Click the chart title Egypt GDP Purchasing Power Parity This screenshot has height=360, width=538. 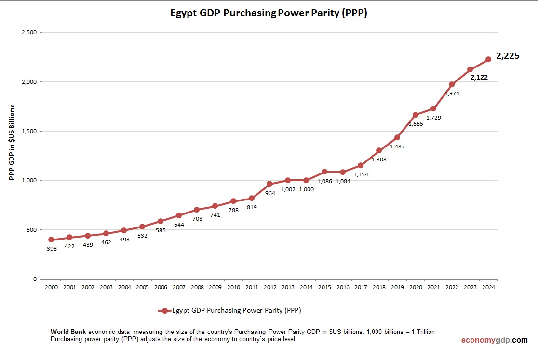(269, 13)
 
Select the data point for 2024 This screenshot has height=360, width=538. (488, 59)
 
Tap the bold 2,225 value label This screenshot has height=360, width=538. (508, 56)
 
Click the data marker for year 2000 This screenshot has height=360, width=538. (51, 240)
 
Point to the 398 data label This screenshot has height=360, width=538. (51, 249)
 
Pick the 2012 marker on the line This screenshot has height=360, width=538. (269, 184)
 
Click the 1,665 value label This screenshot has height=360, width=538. (416, 124)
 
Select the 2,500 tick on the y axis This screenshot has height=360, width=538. (29, 33)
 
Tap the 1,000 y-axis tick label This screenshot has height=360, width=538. (29, 181)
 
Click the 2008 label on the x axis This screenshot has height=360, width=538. (197, 287)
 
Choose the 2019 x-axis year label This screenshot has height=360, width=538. (397, 287)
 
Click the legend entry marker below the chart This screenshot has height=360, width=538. (164, 311)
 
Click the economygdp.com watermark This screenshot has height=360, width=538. (494, 340)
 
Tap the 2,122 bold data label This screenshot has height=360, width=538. (479, 77)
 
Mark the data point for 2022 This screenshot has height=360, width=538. (452, 84)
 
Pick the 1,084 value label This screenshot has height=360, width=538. (342, 181)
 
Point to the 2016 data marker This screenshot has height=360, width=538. (342, 172)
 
